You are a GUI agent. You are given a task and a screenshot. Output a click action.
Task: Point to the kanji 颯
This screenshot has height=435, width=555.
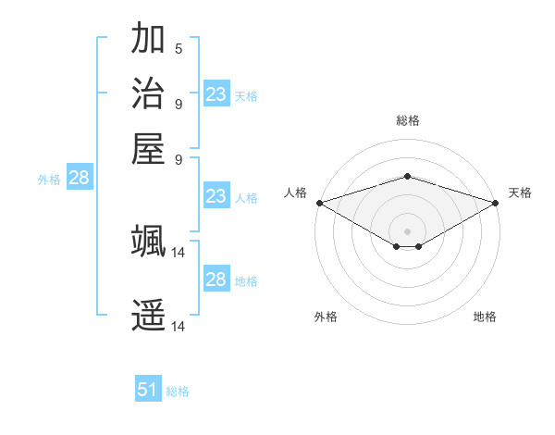pos(148,241)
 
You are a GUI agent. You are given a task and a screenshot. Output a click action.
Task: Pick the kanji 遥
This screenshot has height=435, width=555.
pos(148,315)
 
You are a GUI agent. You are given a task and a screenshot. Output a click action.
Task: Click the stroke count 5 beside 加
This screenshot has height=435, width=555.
pos(179,49)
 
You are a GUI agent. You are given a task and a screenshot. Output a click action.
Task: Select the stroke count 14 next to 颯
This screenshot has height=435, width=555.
pos(179,251)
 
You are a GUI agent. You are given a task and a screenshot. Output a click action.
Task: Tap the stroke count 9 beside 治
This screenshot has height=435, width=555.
pos(179,103)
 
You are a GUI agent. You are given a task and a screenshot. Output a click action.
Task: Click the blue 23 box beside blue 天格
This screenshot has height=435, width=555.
pos(216,94)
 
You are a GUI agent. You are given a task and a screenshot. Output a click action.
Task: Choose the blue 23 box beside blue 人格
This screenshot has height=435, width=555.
pos(216,196)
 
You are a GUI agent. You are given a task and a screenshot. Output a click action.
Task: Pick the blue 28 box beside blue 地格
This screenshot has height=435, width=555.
pos(216,280)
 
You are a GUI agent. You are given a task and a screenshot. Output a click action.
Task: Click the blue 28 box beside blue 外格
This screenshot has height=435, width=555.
pos(79,179)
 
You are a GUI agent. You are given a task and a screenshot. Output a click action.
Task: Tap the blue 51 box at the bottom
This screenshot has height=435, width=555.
pos(148,390)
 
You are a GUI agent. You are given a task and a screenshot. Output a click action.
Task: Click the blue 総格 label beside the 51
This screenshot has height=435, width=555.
pos(178,391)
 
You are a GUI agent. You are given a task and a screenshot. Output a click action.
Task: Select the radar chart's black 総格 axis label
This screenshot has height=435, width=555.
pos(407,120)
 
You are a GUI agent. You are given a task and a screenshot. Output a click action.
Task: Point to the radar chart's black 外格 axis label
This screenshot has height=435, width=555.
pos(326,317)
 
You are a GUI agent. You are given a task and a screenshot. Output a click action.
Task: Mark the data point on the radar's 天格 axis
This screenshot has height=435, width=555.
pos(497,203)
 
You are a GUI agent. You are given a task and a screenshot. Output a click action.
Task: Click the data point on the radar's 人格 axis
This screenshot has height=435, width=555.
pos(318,203)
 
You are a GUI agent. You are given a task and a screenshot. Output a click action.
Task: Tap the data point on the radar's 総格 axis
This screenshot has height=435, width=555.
pos(407,177)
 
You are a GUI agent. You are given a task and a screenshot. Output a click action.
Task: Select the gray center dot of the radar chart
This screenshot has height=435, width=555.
pos(407,230)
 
